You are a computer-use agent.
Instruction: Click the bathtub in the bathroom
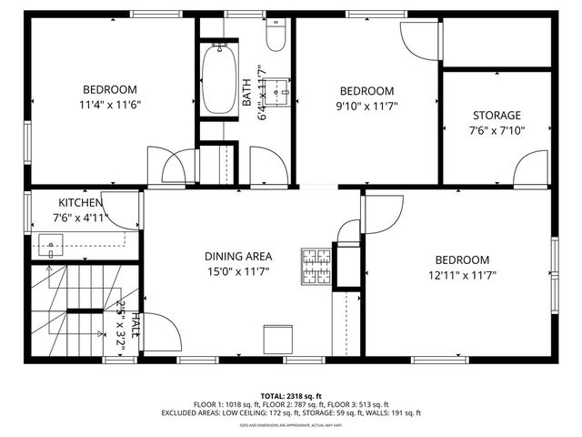pyautogui.click(x=219, y=80)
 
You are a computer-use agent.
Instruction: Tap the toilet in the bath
pyautogui.click(x=276, y=35)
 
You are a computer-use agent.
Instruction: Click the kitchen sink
pyautogui.click(x=51, y=243)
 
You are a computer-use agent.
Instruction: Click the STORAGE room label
pyautogui.click(x=497, y=115)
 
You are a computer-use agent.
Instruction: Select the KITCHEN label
pyautogui.click(x=81, y=202)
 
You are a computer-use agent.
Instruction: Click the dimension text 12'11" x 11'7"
pyautogui.click(x=462, y=274)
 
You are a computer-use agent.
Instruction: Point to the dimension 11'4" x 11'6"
pyautogui.click(x=110, y=104)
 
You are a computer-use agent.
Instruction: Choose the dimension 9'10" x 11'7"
pyautogui.click(x=366, y=106)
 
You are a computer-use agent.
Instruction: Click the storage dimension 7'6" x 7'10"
pyautogui.click(x=497, y=129)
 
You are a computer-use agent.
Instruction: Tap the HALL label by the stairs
pyautogui.click(x=135, y=326)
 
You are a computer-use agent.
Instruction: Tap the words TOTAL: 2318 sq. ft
pyautogui.click(x=290, y=396)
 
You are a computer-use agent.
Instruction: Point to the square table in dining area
pyautogui.click(x=276, y=339)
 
